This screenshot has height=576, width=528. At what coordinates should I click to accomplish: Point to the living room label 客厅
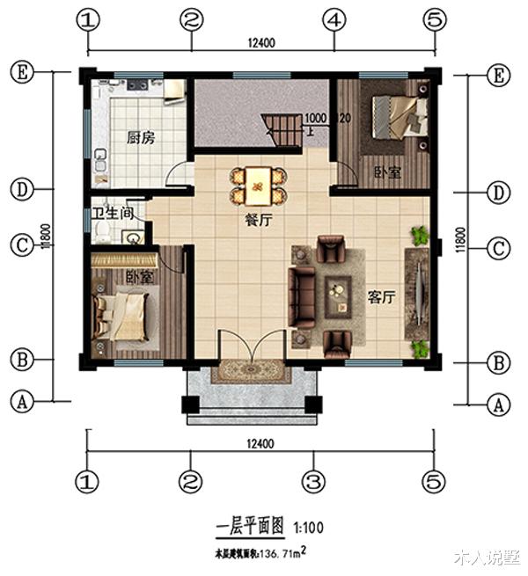click(381, 298)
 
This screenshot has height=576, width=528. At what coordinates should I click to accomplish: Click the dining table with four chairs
click(258, 184)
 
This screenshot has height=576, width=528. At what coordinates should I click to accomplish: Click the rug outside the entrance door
click(251, 371)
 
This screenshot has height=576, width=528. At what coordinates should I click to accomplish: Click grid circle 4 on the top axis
click(332, 19)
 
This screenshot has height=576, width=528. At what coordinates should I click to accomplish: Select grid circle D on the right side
click(499, 192)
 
